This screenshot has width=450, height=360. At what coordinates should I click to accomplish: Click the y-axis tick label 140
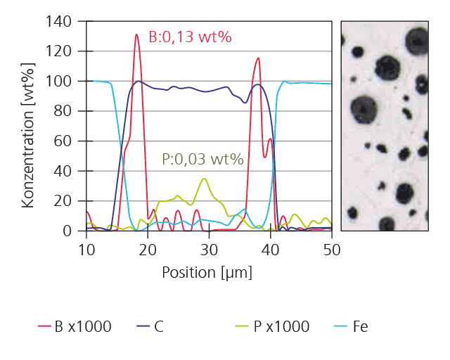(60, 21)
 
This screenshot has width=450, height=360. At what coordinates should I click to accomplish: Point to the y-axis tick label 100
(60, 81)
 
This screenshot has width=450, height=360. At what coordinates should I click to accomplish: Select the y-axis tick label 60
(63, 141)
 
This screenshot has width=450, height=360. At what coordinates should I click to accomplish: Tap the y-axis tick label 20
(63, 200)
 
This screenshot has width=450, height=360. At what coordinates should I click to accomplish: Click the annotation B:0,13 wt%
(190, 37)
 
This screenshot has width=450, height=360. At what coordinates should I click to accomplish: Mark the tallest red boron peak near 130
(137, 34)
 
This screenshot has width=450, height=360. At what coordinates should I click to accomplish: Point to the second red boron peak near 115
(258, 58)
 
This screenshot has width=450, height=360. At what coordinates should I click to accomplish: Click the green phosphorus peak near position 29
(204, 179)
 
